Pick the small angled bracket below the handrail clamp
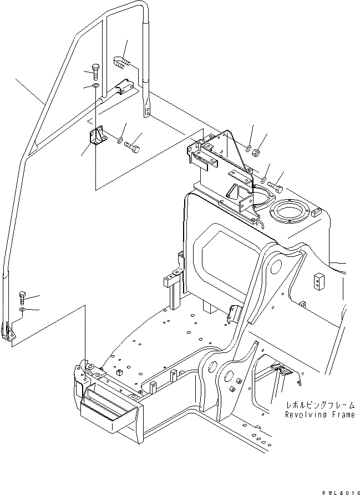coord(97,138)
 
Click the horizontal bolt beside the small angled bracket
coord(131,147)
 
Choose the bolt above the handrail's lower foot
coord(22,296)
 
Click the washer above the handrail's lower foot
coord(22,309)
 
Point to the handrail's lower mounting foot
coord(12,334)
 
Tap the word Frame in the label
coord(340,414)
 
